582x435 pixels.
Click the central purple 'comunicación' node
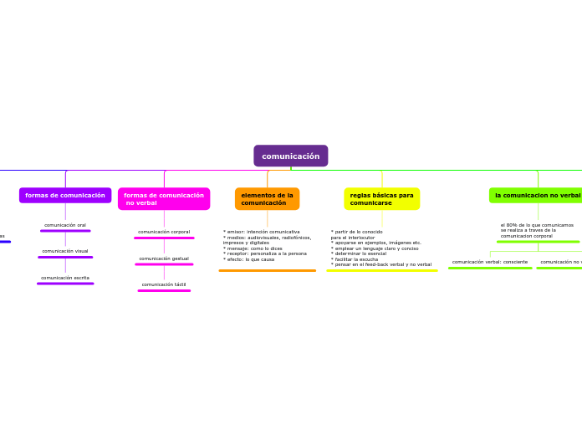pos(291,156)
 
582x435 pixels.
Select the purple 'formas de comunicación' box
pos(65,195)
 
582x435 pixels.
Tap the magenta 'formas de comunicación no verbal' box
pos(164,199)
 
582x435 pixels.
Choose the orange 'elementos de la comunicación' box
pos(267,199)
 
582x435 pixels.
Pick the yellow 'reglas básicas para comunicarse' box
pos(381,199)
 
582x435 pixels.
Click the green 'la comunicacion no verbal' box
pos(537,195)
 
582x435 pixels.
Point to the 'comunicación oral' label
pos(65,225)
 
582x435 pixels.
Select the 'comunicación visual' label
pos(65,251)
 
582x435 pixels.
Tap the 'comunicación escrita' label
pos(65,278)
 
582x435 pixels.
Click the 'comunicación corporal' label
pos(164,232)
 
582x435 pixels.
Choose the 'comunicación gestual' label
pos(164,258)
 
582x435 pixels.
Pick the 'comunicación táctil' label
pos(164,284)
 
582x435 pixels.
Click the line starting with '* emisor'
pos(261,232)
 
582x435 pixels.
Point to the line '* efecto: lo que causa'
pos(248,259)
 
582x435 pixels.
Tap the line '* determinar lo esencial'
pos(358,253)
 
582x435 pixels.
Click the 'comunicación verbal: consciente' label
pos(490,262)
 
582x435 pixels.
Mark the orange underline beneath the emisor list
pos(267,270)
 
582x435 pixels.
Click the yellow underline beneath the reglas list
pos(381,270)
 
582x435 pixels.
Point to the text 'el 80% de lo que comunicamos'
pos(537,225)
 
